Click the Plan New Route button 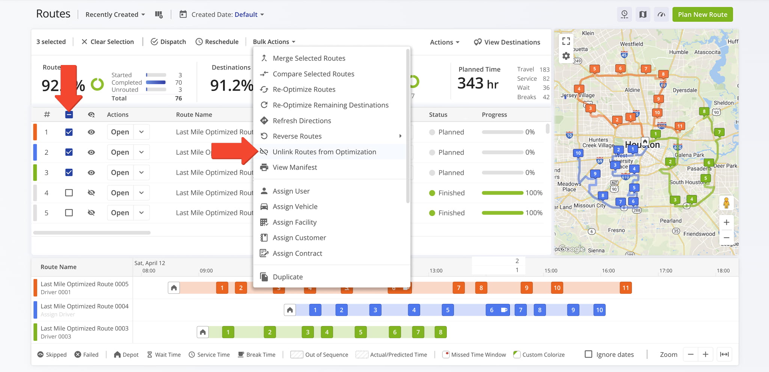tap(702, 15)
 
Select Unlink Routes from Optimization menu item tap(324, 152)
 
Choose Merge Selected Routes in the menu tap(309, 58)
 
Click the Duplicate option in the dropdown tap(287, 277)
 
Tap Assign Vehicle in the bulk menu tap(295, 207)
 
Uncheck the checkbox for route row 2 tap(69, 152)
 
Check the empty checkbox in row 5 tap(69, 213)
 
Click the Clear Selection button tap(108, 42)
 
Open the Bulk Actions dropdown tap(274, 42)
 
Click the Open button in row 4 tap(120, 193)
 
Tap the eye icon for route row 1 tap(91, 132)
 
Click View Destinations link tap(507, 42)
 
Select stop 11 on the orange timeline tap(626, 288)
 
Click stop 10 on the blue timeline tap(599, 310)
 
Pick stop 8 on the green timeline tap(440, 332)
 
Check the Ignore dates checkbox tap(588, 354)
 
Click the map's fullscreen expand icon tap(566, 41)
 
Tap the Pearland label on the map tap(671, 221)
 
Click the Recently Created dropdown tap(115, 15)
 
